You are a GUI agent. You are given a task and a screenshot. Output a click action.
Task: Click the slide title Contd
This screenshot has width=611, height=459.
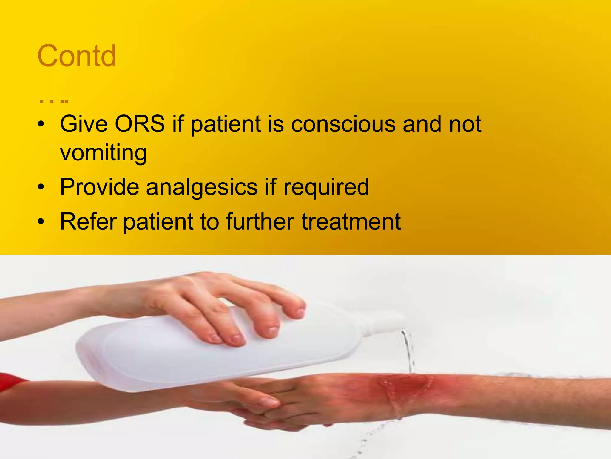pos(77,56)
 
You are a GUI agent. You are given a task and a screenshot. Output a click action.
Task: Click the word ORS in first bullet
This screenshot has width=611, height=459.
pos(140,124)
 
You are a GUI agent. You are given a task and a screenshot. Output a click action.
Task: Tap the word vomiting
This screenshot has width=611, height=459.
pos(103,152)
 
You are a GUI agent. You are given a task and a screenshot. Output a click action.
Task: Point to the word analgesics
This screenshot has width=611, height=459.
pos(202,187)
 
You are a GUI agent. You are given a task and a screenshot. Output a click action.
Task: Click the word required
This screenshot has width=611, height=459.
pos(326,187)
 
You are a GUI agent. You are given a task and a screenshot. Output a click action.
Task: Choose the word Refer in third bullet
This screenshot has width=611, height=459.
pos(88,221)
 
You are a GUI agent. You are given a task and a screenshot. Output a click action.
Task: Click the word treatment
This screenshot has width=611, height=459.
pos(351,221)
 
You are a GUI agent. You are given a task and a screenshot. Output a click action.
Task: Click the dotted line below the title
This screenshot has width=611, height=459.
pos(54,101)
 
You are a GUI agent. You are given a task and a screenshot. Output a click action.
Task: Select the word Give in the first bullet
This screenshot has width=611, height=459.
pos(84,124)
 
